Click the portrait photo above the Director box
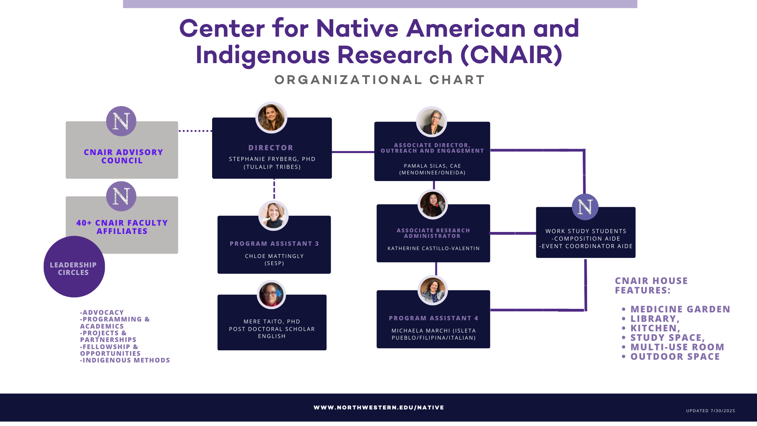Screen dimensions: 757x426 pos(271,118)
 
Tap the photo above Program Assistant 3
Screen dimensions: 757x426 pos(274,216)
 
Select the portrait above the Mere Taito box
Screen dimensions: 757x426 pos(271,295)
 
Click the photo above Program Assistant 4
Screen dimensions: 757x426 pos(433,290)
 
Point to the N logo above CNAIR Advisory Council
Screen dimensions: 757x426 pos(121,121)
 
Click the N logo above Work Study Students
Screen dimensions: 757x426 pos(585,207)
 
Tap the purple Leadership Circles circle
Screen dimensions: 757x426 pos(74,267)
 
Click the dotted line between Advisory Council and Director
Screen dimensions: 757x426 pos(196,131)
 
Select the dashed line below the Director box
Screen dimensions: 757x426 pos(274,189)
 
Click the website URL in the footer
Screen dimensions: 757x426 pos(379,407)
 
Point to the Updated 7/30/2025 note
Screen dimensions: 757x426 pos(710,411)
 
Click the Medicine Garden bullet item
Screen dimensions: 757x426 pos(676,309)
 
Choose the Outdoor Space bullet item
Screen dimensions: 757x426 pos(671,357)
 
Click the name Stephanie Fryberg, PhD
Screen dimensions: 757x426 pos(272,159)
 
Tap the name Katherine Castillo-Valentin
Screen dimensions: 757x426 pos(433,248)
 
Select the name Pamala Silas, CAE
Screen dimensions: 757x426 pos(432,166)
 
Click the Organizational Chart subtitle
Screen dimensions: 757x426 pos(380,80)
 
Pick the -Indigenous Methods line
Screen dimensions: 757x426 pos(125,360)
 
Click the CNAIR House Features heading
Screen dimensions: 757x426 pos(651,286)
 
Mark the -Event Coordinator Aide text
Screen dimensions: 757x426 pos(586,246)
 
